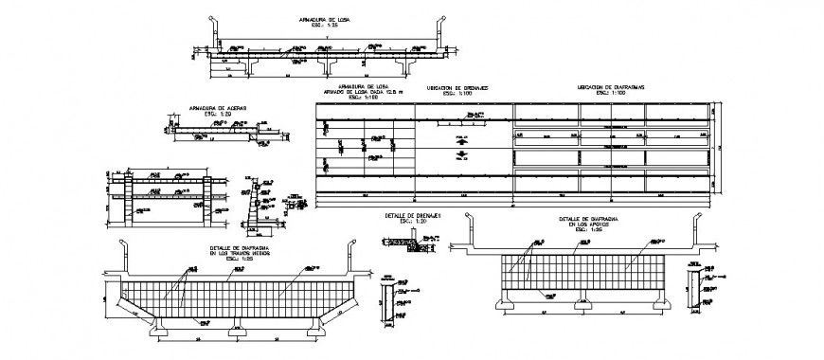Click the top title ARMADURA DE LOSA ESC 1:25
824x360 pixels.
324,22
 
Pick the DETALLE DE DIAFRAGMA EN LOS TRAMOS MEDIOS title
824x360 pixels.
242,252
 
